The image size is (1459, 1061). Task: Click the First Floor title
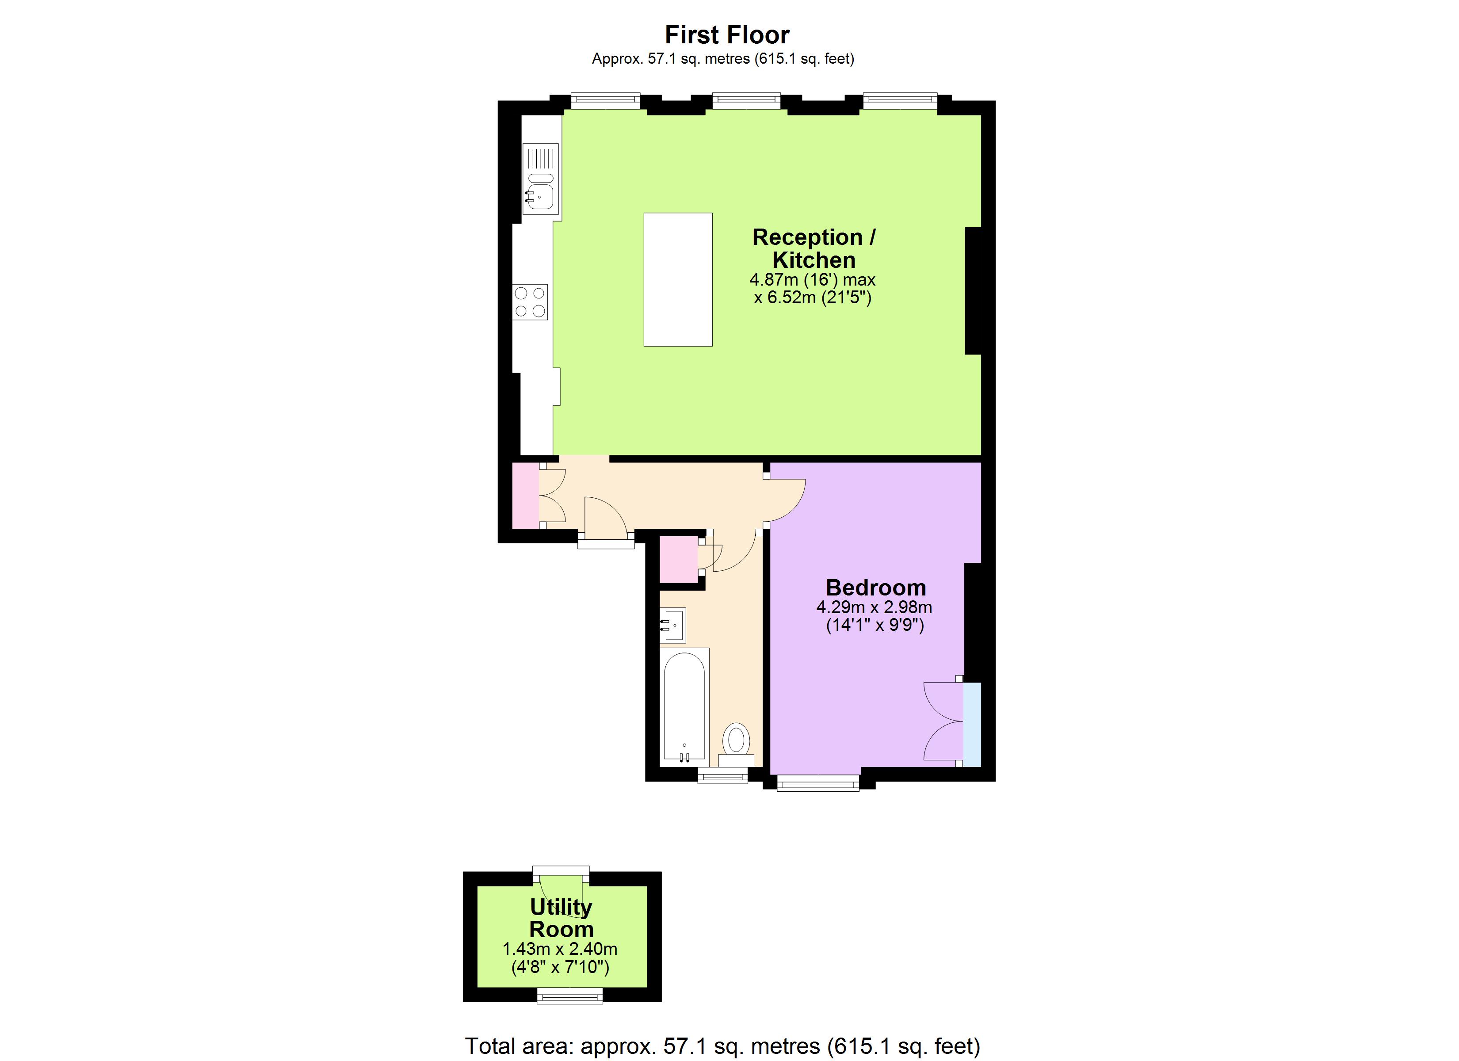click(x=727, y=35)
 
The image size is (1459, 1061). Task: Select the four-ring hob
click(x=530, y=302)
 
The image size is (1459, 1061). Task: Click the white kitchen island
click(x=678, y=280)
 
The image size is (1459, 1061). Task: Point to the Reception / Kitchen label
click(x=814, y=248)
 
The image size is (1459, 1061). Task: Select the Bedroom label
click(x=875, y=588)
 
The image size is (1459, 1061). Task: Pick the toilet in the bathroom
click(x=736, y=743)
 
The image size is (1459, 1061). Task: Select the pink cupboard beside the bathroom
click(x=679, y=560)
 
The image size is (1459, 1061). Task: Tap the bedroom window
click(x=817, y=783)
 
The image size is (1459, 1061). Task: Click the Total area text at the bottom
click(x=722, y=1046)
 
